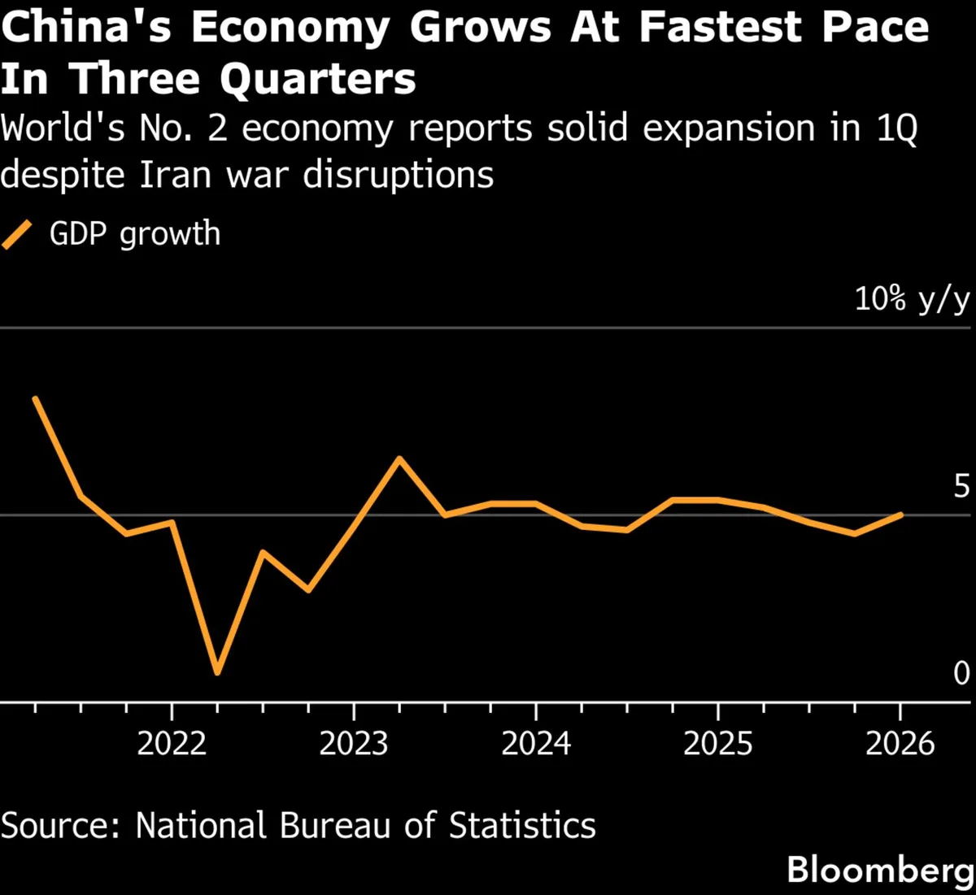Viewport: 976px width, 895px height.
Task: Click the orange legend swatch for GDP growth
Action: coord(17,234)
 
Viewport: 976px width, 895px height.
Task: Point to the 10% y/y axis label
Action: coord(912,300)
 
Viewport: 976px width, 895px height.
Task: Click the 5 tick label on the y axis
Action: coord(961,487)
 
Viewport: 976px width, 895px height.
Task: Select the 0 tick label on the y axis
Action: coord(961,673)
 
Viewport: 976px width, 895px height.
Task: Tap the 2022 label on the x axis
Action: coord(171,743)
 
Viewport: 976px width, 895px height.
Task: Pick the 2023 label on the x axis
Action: coord(353,743)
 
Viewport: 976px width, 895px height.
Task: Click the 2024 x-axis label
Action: coord(535,743)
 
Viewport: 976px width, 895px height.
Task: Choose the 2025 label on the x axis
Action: coord(717,743)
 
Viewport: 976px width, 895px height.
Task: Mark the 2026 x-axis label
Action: coord(900,743)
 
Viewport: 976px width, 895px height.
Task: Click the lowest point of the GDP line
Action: coord(217,672)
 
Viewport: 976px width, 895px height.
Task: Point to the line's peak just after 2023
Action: coord(399,458)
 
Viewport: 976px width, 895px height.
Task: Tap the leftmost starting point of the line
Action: coord(35,398)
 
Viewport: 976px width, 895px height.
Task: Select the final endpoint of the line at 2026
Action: coord(900,515)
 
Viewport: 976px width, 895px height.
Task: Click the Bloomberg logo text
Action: coord(880,870)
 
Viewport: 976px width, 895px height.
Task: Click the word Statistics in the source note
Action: coord(522,825)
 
